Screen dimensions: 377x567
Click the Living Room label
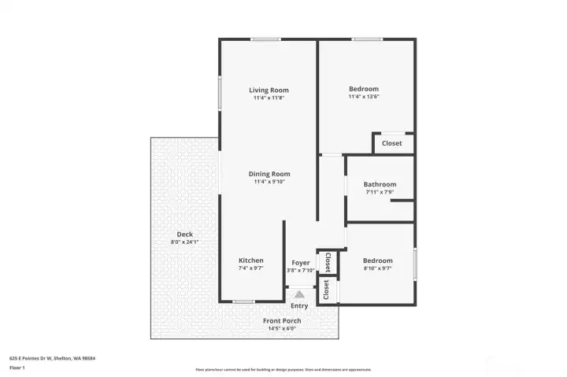click(269, 90)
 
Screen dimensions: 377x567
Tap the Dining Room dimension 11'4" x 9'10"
click(269, 182)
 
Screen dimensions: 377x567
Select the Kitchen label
click(251, 261)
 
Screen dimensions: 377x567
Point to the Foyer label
click(301, 263)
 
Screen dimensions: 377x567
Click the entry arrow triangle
click(299, 294)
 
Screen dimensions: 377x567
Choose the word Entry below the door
click(299, 306)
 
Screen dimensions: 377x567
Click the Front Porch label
click(282, 321)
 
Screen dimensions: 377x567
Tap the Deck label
click(185, 235)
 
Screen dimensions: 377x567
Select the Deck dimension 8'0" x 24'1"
click(185, 242)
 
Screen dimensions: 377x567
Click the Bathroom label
click(380, 184)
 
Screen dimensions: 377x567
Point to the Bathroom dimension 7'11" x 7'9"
click(380, 192)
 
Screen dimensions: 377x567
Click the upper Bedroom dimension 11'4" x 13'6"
click(364, 97)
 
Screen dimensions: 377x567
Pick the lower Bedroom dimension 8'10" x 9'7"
click(377, 268)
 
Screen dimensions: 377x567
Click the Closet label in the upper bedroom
click(392, 143)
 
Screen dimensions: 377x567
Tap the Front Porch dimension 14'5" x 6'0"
click(282, 329)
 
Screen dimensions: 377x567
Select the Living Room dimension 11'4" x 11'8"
click(269, 98)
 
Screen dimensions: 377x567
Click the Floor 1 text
click(17, 368)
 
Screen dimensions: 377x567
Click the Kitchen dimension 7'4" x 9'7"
click(251, 268)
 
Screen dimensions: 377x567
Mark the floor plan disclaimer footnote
click(283, 369)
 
